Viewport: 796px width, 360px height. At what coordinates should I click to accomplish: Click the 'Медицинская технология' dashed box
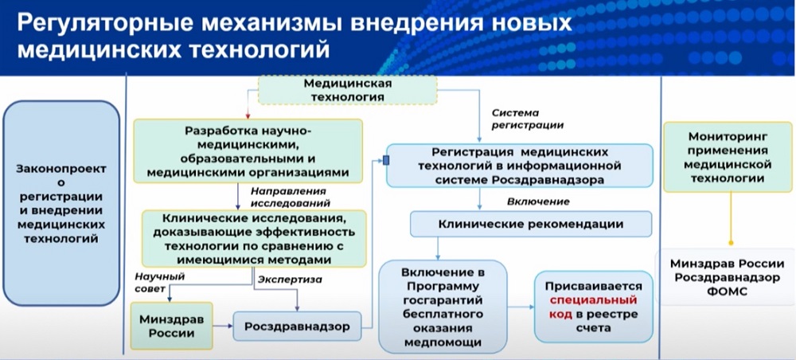tap(348, 90)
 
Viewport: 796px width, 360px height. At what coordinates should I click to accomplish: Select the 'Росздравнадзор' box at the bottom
tap(298, 326)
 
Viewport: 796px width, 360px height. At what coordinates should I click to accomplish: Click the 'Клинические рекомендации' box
tap(531, 224)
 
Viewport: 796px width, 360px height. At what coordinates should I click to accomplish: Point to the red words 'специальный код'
tap(594, 307)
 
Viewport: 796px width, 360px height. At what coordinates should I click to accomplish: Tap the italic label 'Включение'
tap(538, 202)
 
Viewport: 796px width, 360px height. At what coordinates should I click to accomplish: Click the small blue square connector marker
tap(386, 161)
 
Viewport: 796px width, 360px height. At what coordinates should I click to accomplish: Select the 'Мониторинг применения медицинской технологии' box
tap(728, 157)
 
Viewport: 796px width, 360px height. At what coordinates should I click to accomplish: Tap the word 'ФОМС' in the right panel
tap(728, 292)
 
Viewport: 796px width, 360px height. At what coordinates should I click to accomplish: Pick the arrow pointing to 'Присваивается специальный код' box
tap(521, 307)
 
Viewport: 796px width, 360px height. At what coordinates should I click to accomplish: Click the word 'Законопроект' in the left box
tap(61, 169)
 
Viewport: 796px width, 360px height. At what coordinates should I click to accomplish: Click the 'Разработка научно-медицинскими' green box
tap(248, 151)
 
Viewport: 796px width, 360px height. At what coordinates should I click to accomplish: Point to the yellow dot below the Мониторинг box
tap(731, 244)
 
